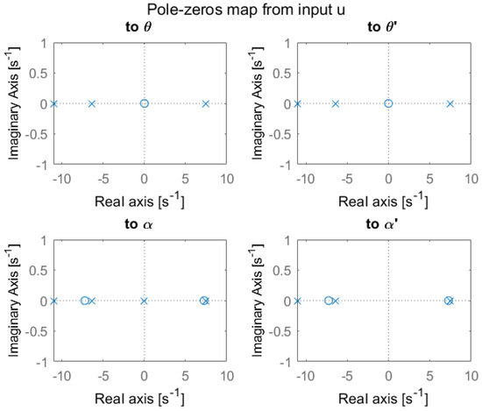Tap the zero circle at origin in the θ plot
[145, 103]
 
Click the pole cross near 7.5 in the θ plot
[206, 103]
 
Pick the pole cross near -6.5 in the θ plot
[91, 103]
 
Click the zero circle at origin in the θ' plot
[388, 103]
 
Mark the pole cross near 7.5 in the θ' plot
[450, 103]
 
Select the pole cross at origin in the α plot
[145, 301]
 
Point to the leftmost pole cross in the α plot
[53, 301]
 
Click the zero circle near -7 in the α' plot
[329, 301]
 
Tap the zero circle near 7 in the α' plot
[448, 301]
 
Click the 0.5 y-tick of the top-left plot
[40, 71]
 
